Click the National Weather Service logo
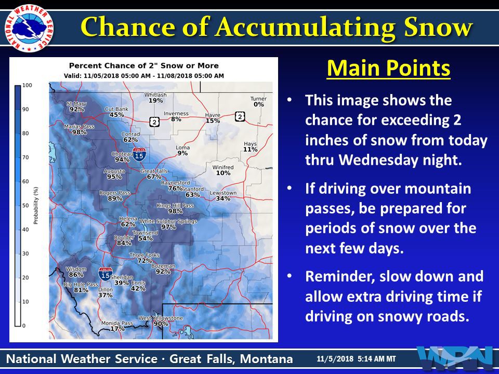point(29,28)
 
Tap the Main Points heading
point(389,68)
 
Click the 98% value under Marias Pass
point(79,132)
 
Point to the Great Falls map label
point(154,171)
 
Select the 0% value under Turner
point(259,104)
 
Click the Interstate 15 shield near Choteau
point(139,155)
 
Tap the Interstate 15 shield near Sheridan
point(106,274)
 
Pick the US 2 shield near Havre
point(240,117)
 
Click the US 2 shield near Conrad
point(155,122)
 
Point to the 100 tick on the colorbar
point(28,85)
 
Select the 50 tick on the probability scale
point(25,206)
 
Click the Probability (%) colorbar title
point(36,206)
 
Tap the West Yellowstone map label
point(161,318)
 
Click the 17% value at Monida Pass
point(117,329)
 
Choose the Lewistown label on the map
point(223,193)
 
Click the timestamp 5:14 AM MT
point(377,359)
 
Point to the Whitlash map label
point(155,95)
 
